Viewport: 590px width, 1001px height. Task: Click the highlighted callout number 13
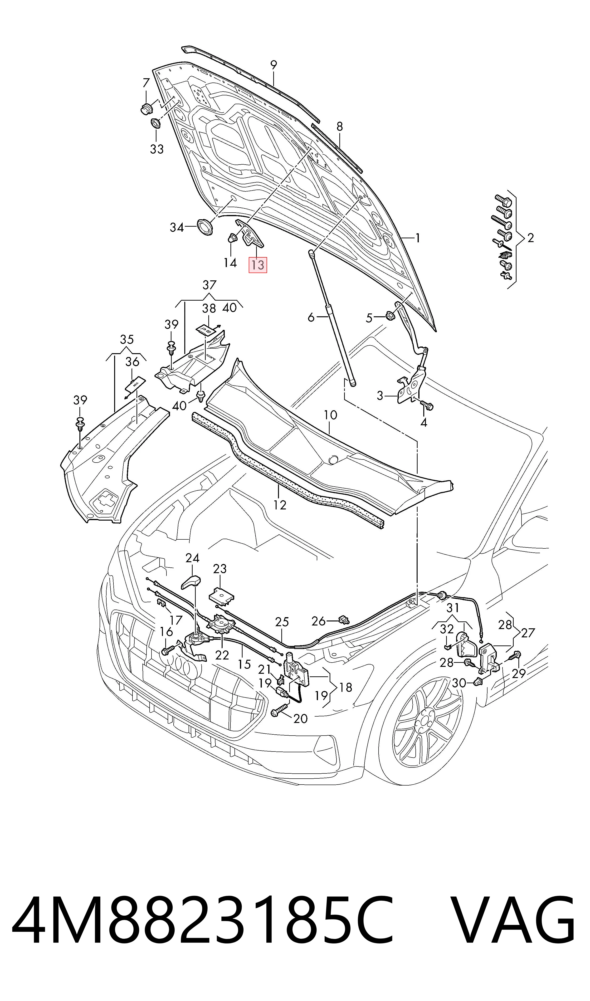click(x=258, y=265)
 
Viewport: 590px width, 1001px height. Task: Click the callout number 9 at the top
click(x=273, y=65)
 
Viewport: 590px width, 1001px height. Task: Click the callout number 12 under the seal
click(x=280, y=505)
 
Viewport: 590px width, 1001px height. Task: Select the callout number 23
click(x=220, y=569)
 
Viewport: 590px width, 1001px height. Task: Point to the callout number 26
click(x=318, y=621)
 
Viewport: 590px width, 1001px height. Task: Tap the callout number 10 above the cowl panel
click(x=330, y=415)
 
